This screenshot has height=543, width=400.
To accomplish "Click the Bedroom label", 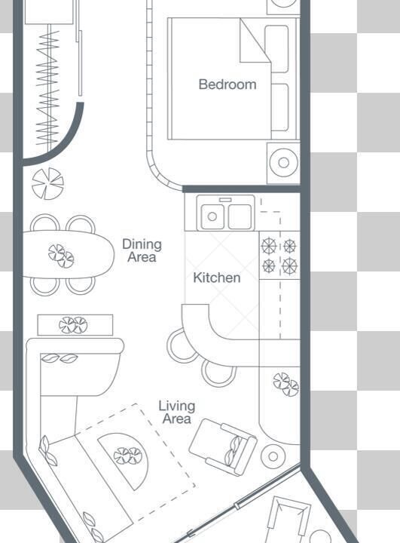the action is (x=227, y=84).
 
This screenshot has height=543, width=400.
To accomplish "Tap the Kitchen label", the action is (x=217, y=278).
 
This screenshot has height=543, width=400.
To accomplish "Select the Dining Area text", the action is (x=142, y=250).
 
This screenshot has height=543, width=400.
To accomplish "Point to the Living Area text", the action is (x=177, y=412).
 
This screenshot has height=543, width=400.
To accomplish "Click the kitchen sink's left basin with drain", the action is (x=212, y=216).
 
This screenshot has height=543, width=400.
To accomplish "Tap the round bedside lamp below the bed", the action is (x=283, y=162).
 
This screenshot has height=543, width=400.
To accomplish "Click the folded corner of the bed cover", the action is (x=255, y=41).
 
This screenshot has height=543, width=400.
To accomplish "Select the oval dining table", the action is (x=68, y=254).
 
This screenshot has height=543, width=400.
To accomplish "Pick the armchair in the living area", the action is (x=223, y=446).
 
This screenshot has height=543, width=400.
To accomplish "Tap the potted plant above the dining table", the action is (x=47, y=183).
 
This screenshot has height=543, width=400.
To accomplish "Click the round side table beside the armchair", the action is (x=273, y=456).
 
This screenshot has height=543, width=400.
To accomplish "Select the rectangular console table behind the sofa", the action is (x=75, y=325).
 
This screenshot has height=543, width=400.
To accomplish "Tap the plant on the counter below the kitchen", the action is (x=286, y=384).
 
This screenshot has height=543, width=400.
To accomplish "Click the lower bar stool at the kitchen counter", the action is (x=218, y=373).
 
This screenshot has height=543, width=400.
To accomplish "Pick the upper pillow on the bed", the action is (x=276, y=48).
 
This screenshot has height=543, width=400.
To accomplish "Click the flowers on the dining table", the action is (x=61, y=256).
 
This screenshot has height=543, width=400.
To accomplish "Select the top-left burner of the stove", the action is (x=269, y=246).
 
